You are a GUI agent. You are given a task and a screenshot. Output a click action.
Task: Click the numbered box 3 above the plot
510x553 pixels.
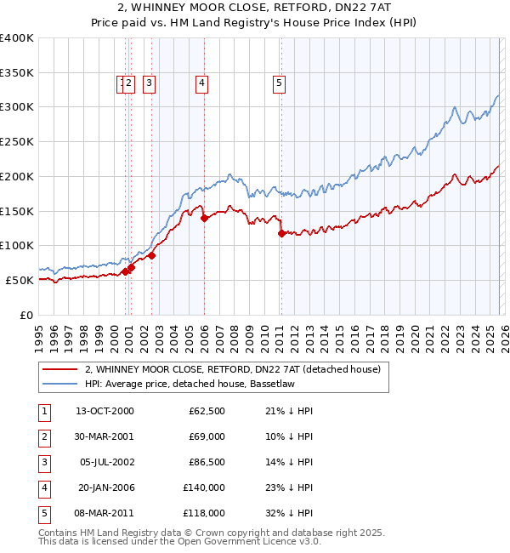(149, 83)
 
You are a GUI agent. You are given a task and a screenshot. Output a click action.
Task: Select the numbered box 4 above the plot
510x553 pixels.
(201, 83)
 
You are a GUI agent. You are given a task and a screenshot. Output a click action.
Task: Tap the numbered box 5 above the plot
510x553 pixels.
(279, 83)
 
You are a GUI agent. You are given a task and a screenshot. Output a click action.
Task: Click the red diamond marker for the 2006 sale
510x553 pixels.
(204, 218)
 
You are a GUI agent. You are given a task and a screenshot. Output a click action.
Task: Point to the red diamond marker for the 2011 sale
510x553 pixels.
(281, 233)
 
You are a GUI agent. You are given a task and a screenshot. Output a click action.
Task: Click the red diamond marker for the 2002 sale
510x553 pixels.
(151, 255)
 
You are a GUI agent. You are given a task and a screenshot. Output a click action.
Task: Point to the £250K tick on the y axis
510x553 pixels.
(17, 142)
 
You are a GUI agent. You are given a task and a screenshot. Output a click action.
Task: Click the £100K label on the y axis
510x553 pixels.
(17, 246)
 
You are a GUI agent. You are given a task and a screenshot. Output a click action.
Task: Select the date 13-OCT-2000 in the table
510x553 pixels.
(105, 411)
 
